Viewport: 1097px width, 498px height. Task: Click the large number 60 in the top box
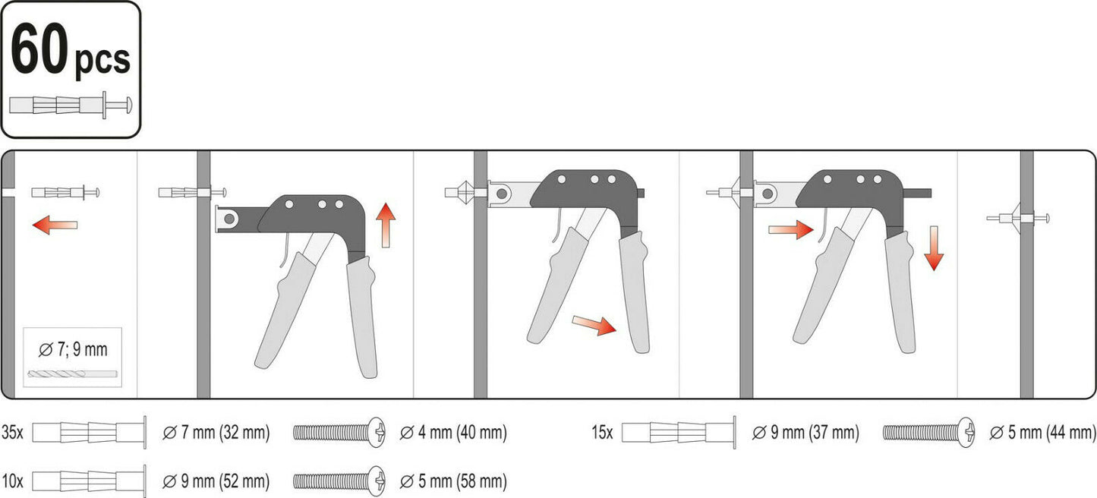(39, 49)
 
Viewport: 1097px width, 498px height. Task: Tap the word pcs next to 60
(102, 60)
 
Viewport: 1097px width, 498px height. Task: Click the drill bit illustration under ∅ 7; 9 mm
(72, 374)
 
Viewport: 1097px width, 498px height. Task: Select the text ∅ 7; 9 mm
(72, 349)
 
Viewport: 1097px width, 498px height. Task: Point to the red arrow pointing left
(55, 225)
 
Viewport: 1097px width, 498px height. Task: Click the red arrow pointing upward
(386, 225)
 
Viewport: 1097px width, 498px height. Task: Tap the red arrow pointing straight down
(934, 248)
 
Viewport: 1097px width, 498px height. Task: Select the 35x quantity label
(12, 433)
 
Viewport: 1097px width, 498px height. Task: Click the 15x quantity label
(602, 433)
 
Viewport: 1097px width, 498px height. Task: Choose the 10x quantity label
(12, 481)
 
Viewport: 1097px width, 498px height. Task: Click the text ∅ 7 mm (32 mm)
(216, 433)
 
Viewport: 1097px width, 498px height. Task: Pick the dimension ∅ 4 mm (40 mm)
(453, 433)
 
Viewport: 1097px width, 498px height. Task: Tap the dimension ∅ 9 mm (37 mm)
(805, 433)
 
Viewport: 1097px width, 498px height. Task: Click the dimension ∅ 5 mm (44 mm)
(1042, 433)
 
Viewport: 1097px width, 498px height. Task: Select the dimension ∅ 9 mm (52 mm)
(216, 481)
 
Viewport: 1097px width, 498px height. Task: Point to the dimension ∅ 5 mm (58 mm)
(453, 481)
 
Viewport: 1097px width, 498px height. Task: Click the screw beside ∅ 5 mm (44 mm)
(928, 433)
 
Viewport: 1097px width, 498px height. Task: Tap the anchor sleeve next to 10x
(89, 481)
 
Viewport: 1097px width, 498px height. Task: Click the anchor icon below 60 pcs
(71, 105)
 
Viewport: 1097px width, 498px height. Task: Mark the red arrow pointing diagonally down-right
(594, 325)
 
